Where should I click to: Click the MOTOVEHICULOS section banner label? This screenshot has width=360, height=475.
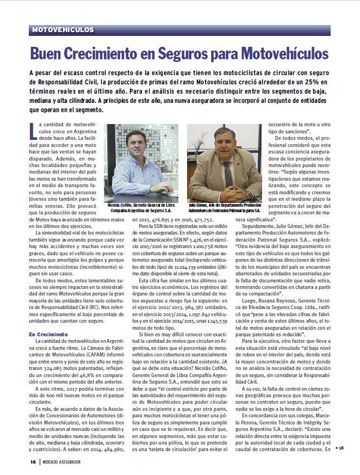(x=63, y=29)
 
